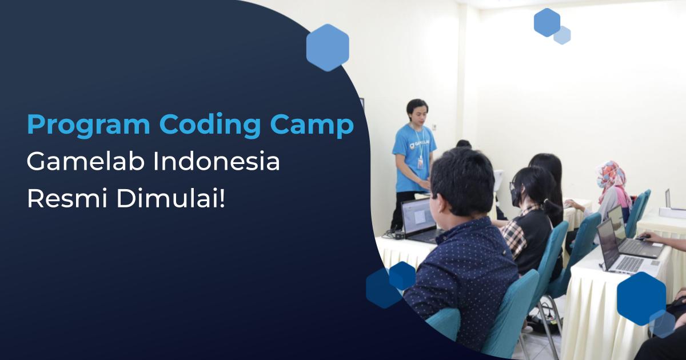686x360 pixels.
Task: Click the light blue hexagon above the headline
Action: pos(328,47)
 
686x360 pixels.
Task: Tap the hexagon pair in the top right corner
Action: pos(551,26)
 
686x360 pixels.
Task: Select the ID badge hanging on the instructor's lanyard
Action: pos(421,163)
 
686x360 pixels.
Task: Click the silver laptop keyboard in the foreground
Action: pos(629,263)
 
